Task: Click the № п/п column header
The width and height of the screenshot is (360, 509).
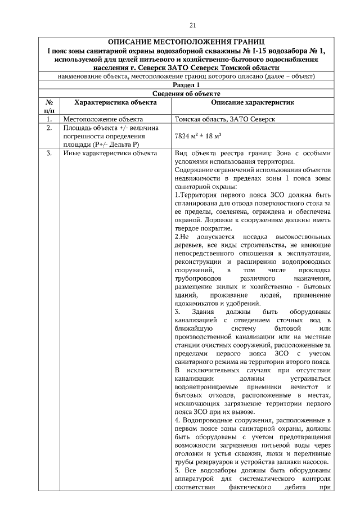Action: [49, 106]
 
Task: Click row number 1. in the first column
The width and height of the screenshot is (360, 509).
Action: [49, 119]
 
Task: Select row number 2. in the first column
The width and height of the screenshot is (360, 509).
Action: [49, 128]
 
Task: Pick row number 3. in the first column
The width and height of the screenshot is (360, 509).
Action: [49, 153]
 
